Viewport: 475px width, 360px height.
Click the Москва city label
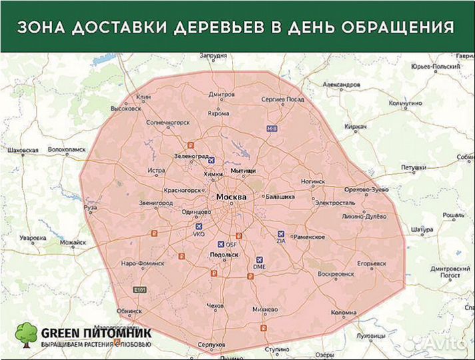point(231,198)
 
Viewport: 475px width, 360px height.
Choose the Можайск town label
point(73,243)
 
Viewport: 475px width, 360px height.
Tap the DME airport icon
point(259,259)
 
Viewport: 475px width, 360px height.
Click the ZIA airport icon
point(280,234)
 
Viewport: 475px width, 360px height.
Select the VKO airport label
point(199,235)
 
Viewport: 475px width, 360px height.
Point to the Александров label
point(341,85)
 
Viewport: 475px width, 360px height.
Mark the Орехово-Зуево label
point(366,190)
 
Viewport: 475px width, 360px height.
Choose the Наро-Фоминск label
point(142,263)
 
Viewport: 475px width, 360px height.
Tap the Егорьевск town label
point(372,263)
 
